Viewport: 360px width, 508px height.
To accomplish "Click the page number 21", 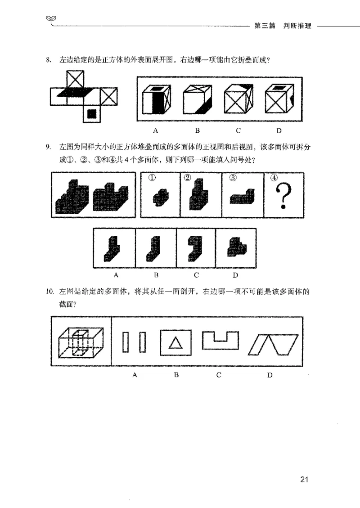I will [303, 479].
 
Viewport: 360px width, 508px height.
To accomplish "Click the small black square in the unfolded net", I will [92, 114].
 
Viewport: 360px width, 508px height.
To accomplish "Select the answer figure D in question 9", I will [235, 247].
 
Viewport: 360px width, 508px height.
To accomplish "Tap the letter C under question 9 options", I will [197, 275].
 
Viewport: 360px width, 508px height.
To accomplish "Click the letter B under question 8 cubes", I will [197, 131].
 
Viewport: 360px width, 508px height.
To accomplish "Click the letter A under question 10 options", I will [135, 375].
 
